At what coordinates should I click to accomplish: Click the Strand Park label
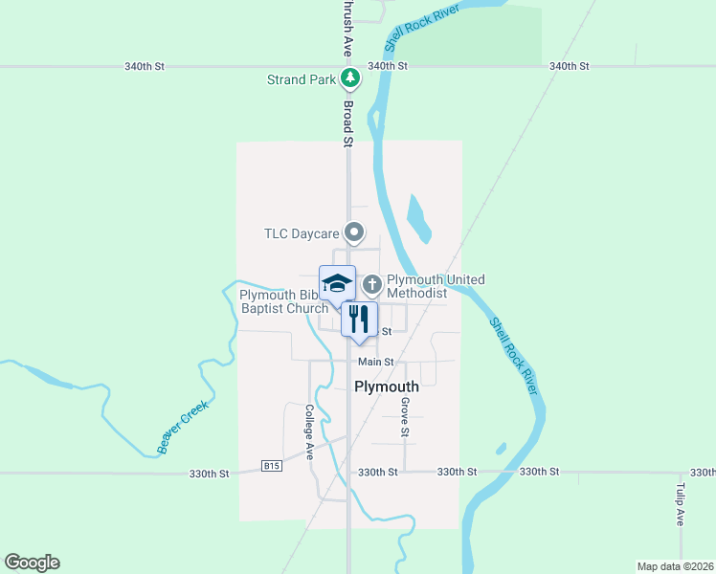(x=301, y=79)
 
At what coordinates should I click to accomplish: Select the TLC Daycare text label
(x=302, y=232)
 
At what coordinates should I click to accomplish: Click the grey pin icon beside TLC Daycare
(x=355, y=232)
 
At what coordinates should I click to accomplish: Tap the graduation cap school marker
(x=337, y=283)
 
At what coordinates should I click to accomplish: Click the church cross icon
(x=372, y=284)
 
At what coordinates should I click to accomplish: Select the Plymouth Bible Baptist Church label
(x=284, y=301)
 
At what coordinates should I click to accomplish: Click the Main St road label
(x=376, y=362)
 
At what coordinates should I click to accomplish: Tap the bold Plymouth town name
(x=387, y=387)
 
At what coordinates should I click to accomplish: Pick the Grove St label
(x=406, y=418)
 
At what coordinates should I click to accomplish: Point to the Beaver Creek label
(x=183, y=426)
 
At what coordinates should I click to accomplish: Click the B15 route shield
(x=271, y=467)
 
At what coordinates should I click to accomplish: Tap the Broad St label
(x=348, y=123)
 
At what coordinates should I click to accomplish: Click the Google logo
(x=32, y=563)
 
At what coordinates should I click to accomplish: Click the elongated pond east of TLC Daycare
(x=418, y=219)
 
